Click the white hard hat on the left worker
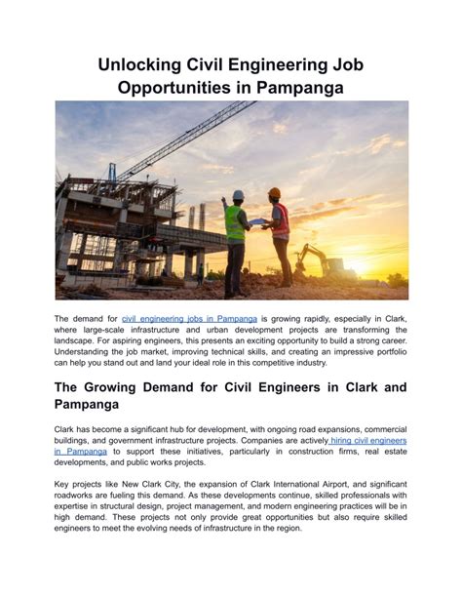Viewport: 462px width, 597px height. (x=238, y=195)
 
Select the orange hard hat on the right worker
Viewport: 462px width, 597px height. (x=274, y=192)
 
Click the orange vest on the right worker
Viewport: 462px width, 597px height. (x=281, y=221)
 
